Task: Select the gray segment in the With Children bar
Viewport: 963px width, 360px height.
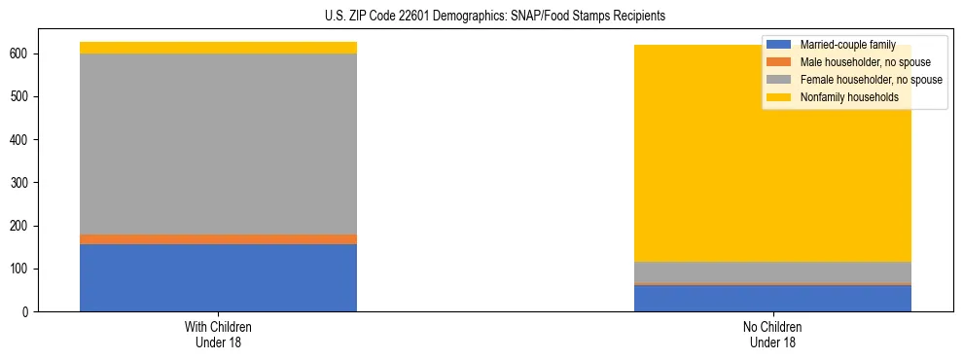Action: point(218,143)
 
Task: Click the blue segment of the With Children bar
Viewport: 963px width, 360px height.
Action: point(218,277)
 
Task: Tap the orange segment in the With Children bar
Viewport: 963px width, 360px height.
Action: point(218,238)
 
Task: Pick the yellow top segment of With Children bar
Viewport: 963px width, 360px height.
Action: point(218,48)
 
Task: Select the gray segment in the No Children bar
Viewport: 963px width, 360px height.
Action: point(772,272)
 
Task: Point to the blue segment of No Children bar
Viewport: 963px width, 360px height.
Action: point(772,298)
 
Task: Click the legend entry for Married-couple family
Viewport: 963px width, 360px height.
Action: point(847,45)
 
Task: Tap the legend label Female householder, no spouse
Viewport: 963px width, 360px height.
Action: point(871,80)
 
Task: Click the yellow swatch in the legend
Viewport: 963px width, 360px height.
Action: point(779,97)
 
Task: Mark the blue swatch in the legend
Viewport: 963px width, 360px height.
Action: point(779,45)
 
